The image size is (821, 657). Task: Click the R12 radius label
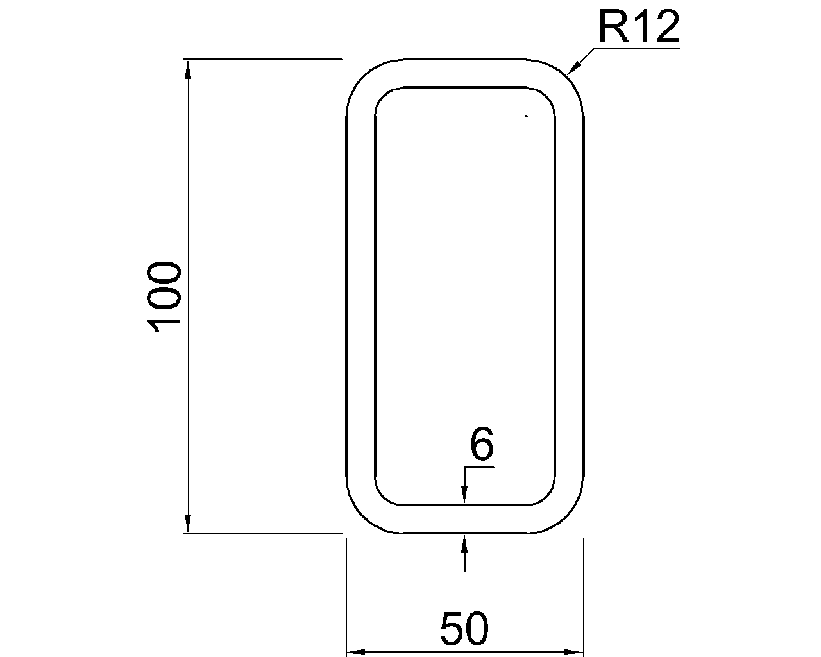[x=639, y=27]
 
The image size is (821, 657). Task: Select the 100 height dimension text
[x=164, y=296]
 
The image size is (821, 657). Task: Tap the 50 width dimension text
[x=464, y=628]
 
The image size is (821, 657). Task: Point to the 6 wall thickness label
[x=482, y=443]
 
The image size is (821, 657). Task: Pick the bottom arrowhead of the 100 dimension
[x=188, y=523]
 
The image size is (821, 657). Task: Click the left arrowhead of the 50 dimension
[x=355, y=652]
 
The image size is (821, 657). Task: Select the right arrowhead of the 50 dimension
[x=574, y=652]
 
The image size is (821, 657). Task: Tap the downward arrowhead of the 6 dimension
[x=464, y=495]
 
